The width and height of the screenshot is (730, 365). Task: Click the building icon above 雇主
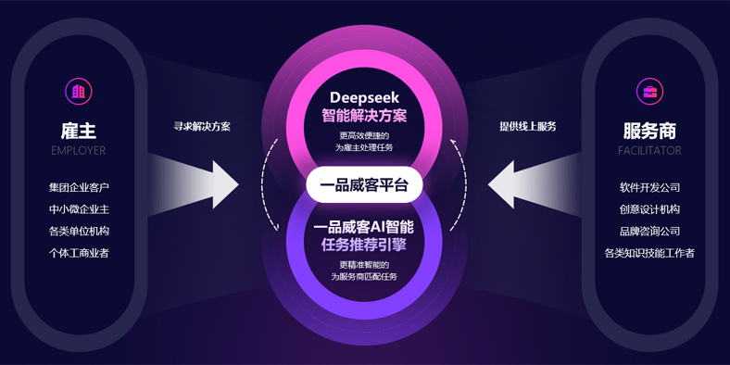point(79,91)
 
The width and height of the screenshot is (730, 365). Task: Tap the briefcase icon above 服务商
point(649,91)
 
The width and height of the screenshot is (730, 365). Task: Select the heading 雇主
point(79,131)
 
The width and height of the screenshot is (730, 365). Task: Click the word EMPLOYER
point(79,150)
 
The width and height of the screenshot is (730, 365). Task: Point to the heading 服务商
point(649,131)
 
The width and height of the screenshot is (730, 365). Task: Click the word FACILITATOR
point(649,150)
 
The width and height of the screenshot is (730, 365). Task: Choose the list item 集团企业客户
point(79,188)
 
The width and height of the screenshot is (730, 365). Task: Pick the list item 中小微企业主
point(79,209)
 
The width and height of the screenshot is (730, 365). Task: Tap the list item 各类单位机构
point(79,231)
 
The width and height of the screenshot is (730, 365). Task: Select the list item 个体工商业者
point(79,252)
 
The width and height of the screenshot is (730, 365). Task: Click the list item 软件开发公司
point(649,188)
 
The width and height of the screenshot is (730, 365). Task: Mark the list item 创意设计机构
point(649,209)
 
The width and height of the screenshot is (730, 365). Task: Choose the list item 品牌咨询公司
point(649,231)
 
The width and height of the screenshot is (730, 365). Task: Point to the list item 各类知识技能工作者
point(649,252)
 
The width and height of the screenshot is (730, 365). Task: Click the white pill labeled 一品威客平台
point(364,185)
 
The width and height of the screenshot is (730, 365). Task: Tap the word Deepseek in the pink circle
point(364,97)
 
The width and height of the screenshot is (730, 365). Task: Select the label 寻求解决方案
point(202,126)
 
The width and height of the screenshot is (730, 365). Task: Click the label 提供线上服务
point(528,126)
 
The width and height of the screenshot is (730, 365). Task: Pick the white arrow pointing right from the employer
point(208,182)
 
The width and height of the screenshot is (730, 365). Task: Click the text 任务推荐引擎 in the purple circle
point(364,245)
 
